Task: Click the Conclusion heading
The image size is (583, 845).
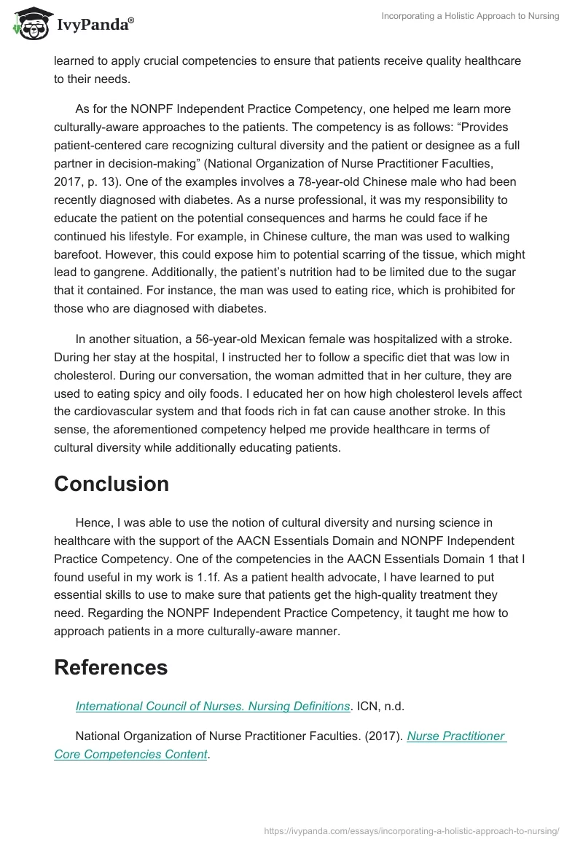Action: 111,484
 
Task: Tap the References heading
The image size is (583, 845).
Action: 111,667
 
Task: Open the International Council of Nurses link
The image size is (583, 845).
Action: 213,706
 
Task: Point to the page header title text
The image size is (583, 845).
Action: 470,16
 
